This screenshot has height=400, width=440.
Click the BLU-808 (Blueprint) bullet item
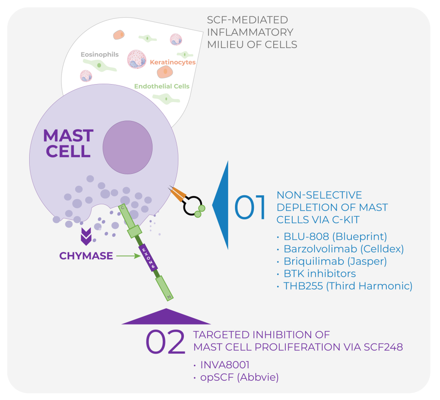(335, 236)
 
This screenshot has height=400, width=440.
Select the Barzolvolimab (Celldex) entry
(343, 249)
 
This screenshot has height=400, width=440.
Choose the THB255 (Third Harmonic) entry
(348, 286)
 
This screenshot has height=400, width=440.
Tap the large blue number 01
(251, 208)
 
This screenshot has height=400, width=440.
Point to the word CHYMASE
(86, 256)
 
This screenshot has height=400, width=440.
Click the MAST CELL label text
(68, 143)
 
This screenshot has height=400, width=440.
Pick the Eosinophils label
(100, 55)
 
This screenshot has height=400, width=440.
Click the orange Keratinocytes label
(172, 62)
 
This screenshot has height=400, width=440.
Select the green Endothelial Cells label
(162, 86)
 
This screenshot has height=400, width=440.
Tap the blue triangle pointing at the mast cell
(222, 206)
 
